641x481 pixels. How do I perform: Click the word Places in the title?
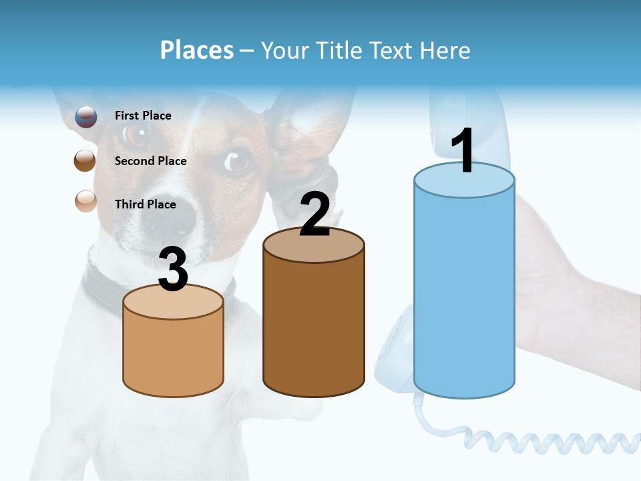pyautogui.click(x=197, y=50)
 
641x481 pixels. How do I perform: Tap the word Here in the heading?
pyautogui.click(x=445, y=50)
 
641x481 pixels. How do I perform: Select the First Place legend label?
pyautogui.click(x=143, y=116)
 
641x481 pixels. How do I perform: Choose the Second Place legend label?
pyautogui.click(x=150, y=161)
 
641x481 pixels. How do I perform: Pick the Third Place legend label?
pyautogui.click(x=146, y=204)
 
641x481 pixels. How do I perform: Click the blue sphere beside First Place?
pyautogui.click(x=85, y=116)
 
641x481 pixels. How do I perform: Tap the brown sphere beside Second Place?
pyautogui.click(x=85, y=161)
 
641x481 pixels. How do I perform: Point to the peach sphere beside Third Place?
pyautogui.click(x=85, y=200)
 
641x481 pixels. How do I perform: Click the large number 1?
pyautogui.click(x=463, y=151)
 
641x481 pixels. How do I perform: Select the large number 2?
pyautogui.click(x=314, y=214)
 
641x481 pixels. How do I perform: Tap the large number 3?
pyautogui.click(x=174, y=269)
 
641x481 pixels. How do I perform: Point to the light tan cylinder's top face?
pyautogui.click(x=174, y=302)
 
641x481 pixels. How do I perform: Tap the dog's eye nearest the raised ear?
pyautogui.click(x=238, y=161)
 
